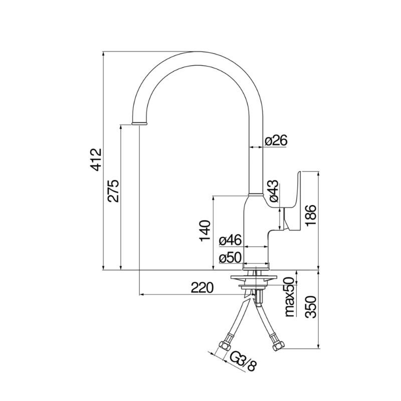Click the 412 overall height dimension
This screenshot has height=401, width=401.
[x=97, y=159]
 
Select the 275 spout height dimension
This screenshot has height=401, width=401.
[x=113, y=191]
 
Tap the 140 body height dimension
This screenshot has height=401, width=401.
[x=205, y=231]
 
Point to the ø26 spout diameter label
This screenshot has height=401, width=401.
[x=276, y=140]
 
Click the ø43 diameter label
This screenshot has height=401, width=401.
[x=273, y=191]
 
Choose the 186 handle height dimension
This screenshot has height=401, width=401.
[x=311, y=215]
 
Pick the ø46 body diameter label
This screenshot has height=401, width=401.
[x=230, y=241]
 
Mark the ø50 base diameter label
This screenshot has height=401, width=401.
[x=230, y=258]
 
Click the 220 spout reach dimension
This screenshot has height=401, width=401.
[x=202, y=288]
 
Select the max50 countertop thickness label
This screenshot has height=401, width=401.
[x=290, y=297]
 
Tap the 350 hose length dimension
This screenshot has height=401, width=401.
[x=311, y=307]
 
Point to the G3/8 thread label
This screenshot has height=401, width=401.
[x=243, y=361]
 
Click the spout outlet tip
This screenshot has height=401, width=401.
[x=139, y=124]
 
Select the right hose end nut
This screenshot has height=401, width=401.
[x=278, y=346]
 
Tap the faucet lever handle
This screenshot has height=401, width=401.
[x=292, y=202]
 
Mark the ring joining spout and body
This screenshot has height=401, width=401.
[x=256, y=194]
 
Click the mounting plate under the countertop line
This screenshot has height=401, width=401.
[x=255, y=277]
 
